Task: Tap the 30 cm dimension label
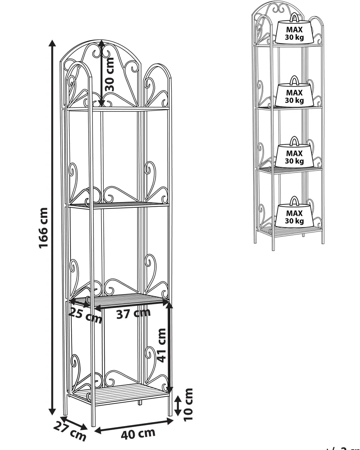pyautogui.click(x=109, y=74)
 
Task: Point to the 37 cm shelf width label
pyautogui.click(x=134, y=313)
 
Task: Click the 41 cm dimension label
pyautogui.click(x=161, y=345)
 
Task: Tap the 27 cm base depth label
pyautogui.click(x=70, y=431)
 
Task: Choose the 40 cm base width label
pyautogui.click(x=138, y=434)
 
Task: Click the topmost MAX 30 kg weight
pyautogui.click(x=294, y=33)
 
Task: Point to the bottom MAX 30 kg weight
pyautogui.click(x=294, y=217)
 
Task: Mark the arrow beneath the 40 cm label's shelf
pyautogui.click(x=134, y=426)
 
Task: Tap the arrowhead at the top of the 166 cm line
pyautogui.click(x=53, y=42)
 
